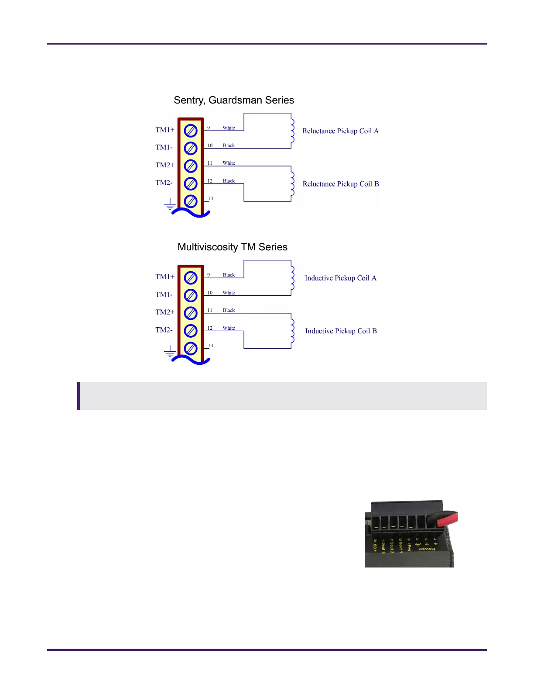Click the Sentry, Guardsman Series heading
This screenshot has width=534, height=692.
234,100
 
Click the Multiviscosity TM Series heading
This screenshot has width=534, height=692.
232,247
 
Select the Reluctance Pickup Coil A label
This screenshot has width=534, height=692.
340,131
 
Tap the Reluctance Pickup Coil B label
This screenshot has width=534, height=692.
341,184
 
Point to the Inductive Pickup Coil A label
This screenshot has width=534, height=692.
340,278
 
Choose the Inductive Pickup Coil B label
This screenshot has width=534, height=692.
341,331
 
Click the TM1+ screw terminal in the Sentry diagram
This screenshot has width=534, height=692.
191,131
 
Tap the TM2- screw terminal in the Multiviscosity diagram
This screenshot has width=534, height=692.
191,331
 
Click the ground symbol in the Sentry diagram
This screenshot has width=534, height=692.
170,204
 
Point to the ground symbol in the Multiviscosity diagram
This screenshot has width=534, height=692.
170,352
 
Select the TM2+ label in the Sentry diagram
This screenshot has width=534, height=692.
165,165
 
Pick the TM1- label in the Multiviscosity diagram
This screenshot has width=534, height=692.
164,294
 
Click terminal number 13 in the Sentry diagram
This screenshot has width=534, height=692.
210,198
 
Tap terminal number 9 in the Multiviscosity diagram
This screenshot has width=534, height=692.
209,275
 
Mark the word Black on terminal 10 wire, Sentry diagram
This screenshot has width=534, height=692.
229,145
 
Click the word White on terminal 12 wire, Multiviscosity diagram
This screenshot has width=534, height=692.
229,328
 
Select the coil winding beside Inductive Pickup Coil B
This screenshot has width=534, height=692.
292,331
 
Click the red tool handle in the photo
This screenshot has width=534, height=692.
446,518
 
